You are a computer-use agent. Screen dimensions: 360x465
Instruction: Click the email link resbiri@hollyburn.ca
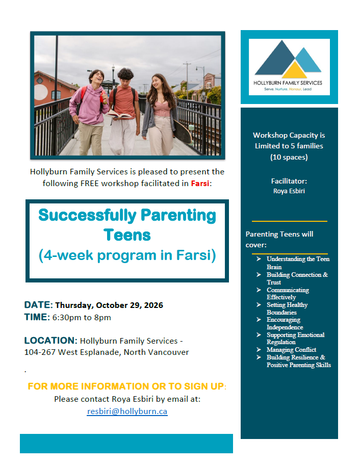point(127,411)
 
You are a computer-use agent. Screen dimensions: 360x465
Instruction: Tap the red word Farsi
point(200,183)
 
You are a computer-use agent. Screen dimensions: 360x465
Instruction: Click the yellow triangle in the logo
point(294,70)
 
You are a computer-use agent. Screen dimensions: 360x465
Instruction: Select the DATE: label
point(39,305)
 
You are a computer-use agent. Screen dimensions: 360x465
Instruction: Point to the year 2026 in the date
point(153,305)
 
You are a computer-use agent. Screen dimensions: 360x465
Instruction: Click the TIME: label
point(37,317)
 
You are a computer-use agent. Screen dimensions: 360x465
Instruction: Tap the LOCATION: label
point(50,341)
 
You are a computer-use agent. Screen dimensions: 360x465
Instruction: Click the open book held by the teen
point(119,115)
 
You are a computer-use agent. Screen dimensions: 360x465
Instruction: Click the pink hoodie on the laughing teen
point(89,105)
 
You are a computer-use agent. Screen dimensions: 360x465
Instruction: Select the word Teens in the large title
point(127,235)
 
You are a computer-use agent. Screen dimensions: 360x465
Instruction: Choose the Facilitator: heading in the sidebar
point(289,181)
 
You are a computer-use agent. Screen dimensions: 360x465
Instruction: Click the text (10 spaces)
point(289,157)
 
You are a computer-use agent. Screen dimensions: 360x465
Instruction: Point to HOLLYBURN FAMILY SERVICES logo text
point(288,83)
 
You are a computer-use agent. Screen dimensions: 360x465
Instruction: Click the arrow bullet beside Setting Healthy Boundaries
point(259,304)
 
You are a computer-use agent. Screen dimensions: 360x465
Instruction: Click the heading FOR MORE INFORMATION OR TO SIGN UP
point(126,386)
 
